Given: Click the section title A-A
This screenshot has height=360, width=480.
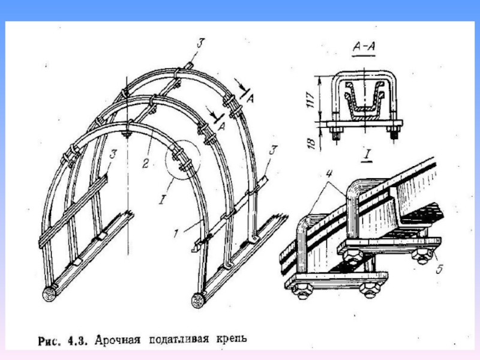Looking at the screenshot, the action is [364, 47].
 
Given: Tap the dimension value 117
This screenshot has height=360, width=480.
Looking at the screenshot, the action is [311, 100].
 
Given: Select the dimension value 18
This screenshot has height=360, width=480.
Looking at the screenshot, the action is [311, 143].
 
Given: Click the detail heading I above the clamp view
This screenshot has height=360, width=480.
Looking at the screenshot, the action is [368, 155].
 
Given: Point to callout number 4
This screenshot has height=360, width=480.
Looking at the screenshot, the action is [329, 173].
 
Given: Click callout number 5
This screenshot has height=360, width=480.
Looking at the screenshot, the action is [439, 269].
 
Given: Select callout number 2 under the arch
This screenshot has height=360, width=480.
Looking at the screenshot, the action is [146, 164].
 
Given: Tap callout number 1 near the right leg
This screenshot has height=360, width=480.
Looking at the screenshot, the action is [175, 233].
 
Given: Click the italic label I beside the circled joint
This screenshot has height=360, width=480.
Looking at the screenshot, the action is [162, 200].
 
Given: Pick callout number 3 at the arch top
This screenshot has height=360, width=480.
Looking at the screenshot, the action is [200, 43].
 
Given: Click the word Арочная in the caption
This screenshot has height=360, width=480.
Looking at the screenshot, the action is [118, 340].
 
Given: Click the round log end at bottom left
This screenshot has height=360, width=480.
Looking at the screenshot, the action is [49, 295].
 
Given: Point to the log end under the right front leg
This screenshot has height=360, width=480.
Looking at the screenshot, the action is [199, 301].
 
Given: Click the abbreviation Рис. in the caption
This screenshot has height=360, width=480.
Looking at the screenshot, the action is [49, 341].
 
